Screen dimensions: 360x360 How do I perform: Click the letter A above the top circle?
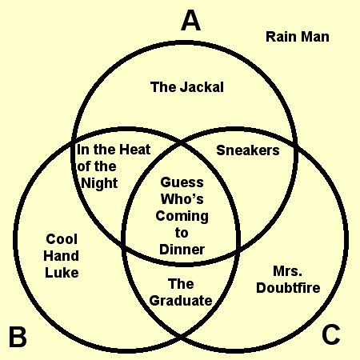(x=190, y=22)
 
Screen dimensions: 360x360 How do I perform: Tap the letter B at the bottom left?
(x=18, y=337)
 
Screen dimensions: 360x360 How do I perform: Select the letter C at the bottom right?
(x=331, y=334)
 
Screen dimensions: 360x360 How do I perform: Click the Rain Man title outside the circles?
(x=298, y=37)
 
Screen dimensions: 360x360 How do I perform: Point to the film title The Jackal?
(x=187, y=87)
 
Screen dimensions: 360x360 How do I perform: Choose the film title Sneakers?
(x=248, y=150)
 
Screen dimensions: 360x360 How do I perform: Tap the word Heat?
(x=134, y=150)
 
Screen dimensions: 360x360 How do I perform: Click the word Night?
(x=99, y=183)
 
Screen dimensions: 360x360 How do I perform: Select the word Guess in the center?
(x=182, y=182)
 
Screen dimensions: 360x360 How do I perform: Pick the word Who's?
(x=182, y=199)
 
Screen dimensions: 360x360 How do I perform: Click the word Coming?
(x=182, y=216)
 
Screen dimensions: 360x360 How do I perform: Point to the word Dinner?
(x=182, y=250)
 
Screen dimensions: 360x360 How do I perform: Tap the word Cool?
(x=62, y=239)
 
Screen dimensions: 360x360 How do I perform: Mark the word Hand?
(x=61, y=256)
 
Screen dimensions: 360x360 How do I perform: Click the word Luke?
(x=62, y=273)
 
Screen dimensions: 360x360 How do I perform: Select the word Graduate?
(x=181, y=301)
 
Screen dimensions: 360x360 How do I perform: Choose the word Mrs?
(x=288, y=271)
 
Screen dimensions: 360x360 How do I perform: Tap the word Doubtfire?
(x=288, y=288)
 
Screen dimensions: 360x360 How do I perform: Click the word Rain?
(x=279, y=37)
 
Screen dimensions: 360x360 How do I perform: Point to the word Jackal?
(x=202, y=87)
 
